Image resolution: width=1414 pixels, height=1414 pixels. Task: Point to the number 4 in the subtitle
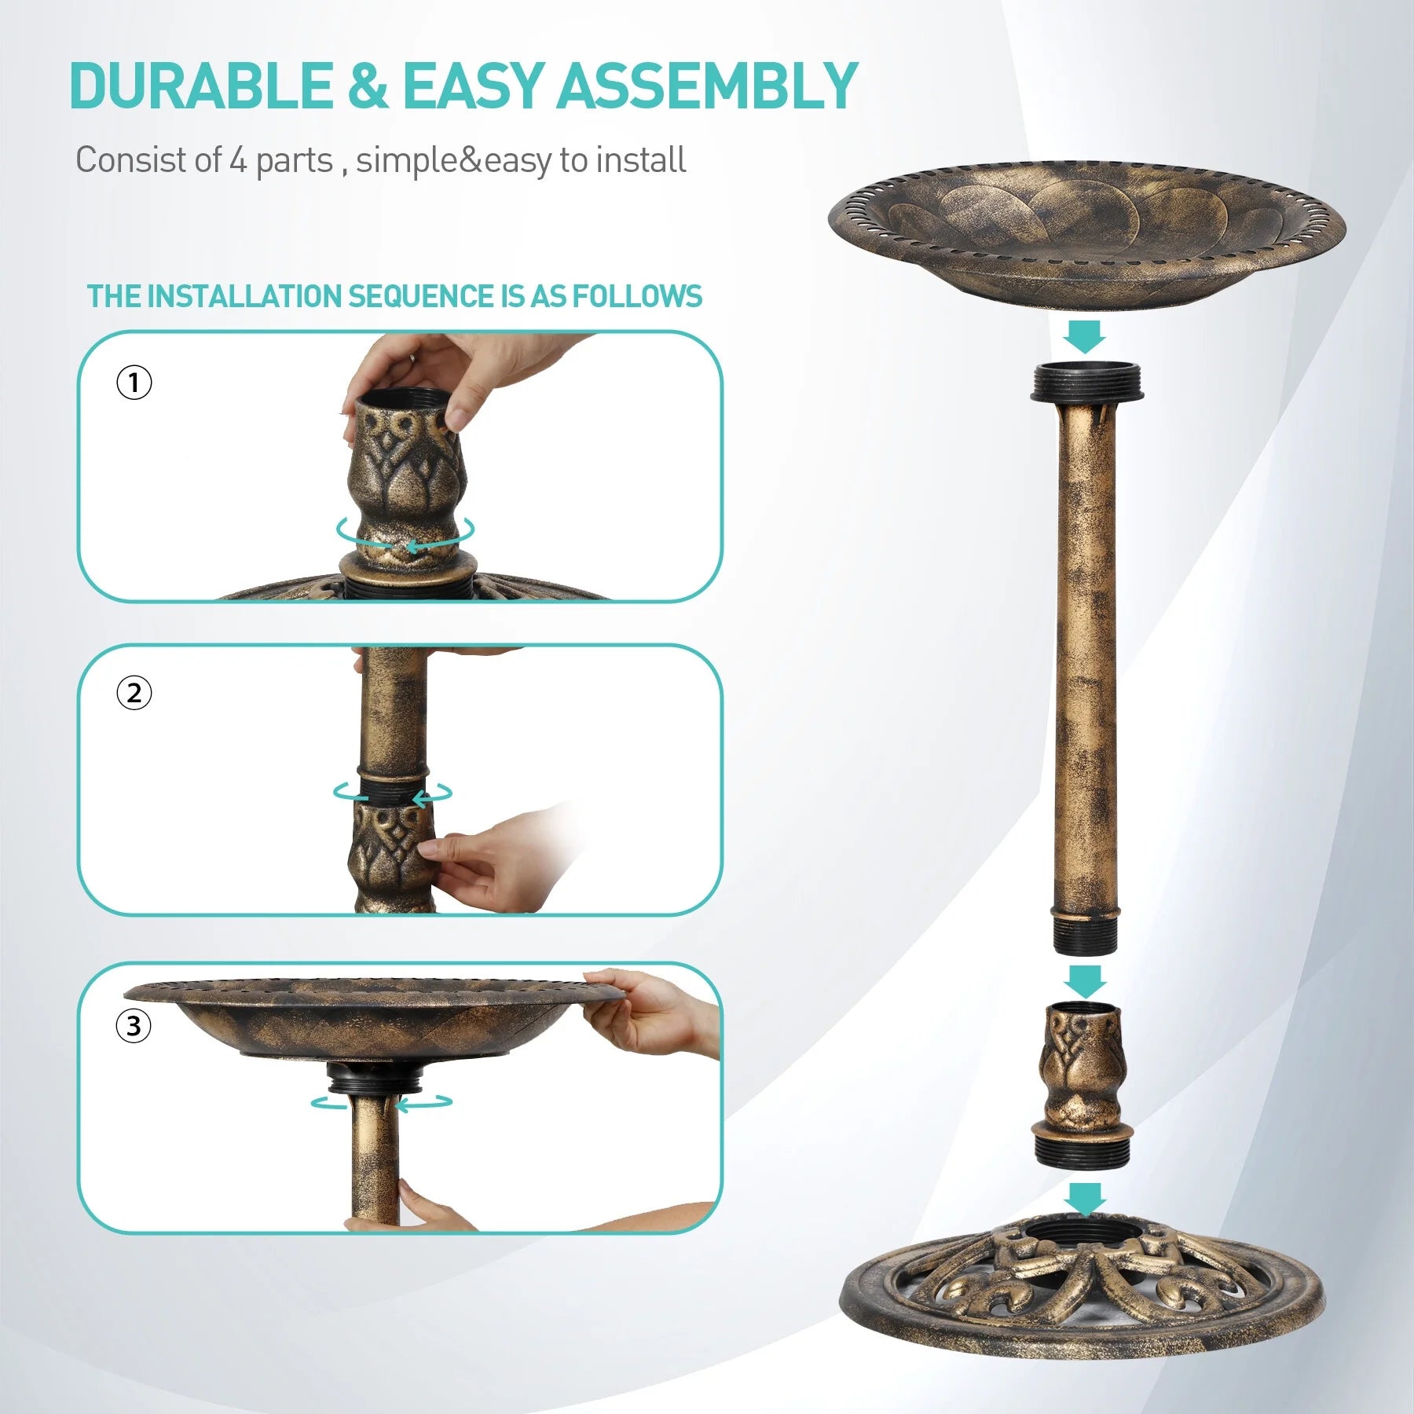coord(238,160)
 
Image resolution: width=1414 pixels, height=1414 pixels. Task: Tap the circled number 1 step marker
coord(134,383)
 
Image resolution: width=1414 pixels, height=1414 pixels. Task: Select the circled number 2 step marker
coord(134,694)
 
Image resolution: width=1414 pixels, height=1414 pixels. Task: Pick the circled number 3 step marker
coord(134,1026)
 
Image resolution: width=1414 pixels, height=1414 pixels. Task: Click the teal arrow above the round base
coord(1086,1199)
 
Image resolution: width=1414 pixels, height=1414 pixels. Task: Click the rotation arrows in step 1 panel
coord(405,533)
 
